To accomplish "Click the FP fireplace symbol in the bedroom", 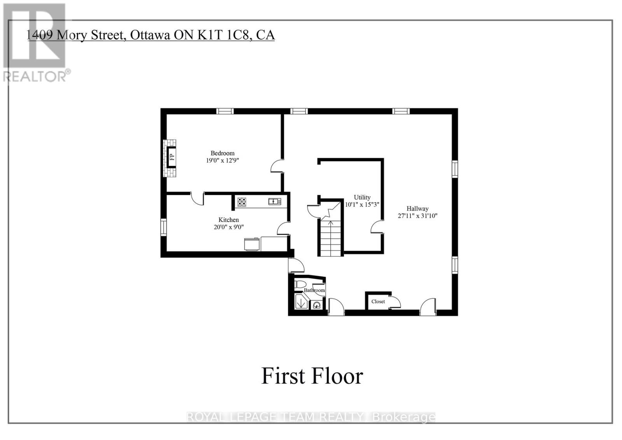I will pyautogui.click(x=171, y=157).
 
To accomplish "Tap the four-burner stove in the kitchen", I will pyautogui.click(x=242, y=202).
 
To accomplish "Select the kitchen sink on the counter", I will pyautogui.click(x=274, y=201).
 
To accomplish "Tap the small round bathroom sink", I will pyautogui.click(x=317, y=305).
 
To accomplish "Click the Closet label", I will pyautogui.click(x=378, y=302).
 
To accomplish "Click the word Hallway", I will pyautogui.click(x=418, y=209).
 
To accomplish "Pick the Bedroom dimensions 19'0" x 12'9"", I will pyautogui.click(x=222, y=160).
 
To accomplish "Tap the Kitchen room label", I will pyautogui.click(x=229, y=220).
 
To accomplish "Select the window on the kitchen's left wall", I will pyautogui.click(x=164, y=227).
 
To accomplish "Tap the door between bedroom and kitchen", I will pyautogui.click(x=197, y=199).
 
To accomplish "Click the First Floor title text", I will pyautogui.click(x=312, y=376).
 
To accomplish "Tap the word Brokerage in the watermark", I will pyautogui.click(x=404, y=417).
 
